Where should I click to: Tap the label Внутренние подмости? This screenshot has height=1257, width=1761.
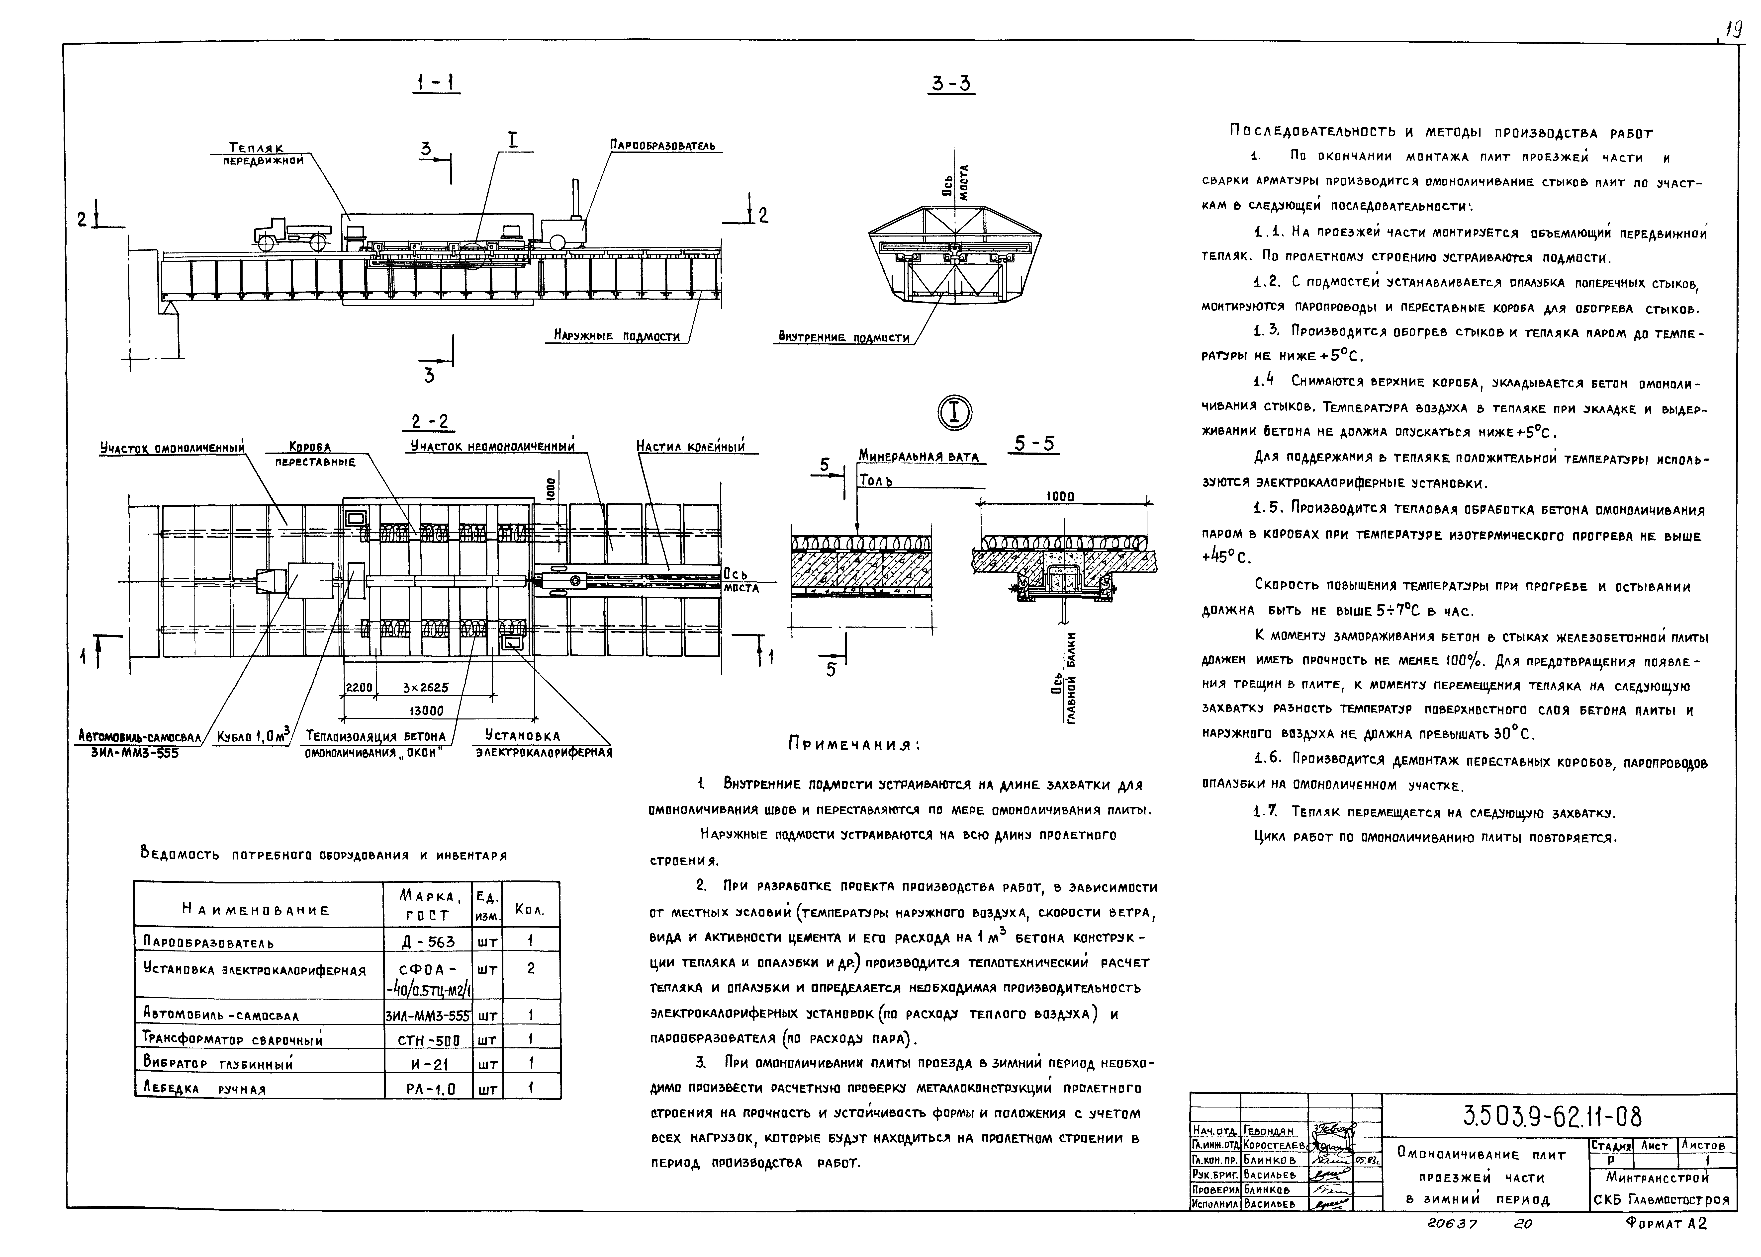(844, 337)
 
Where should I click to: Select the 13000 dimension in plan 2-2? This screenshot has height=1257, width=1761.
(426, 710)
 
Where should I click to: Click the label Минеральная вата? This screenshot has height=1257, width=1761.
(919, 457)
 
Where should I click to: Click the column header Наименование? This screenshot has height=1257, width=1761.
(256, 910)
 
